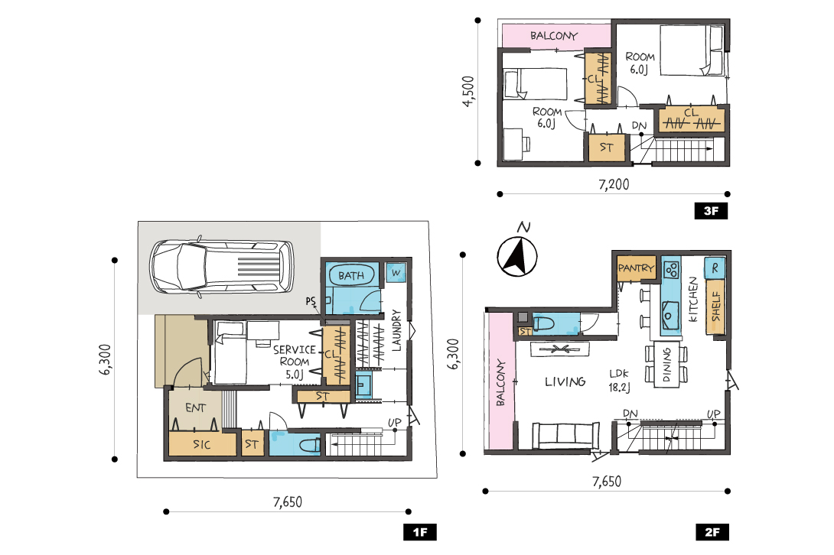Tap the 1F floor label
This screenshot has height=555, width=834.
pos(419,532)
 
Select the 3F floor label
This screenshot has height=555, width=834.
pos(711,211)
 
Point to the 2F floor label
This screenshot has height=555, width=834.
pos(712,532)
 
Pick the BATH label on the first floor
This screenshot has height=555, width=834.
pos(351,276)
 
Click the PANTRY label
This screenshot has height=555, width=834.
pos(636,268)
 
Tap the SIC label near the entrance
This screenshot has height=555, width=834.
pos(201,444)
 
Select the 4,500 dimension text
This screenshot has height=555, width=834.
pos(468,92)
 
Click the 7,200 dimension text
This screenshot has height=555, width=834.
pos(614,184)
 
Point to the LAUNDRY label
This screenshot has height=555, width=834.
pos(396,331)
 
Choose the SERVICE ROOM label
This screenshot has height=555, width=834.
pos(294,355)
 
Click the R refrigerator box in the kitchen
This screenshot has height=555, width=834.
pos(715,268)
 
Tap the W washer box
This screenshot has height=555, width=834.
pos(396,273)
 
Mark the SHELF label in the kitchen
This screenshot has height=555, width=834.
pos(716,307)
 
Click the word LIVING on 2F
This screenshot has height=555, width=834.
pos(565,381)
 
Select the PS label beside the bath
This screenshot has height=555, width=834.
pos(311,301)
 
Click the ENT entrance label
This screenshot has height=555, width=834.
pos(195,407)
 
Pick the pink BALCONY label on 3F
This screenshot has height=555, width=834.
pos(554,36)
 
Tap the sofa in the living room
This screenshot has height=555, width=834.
pos(565,436)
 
